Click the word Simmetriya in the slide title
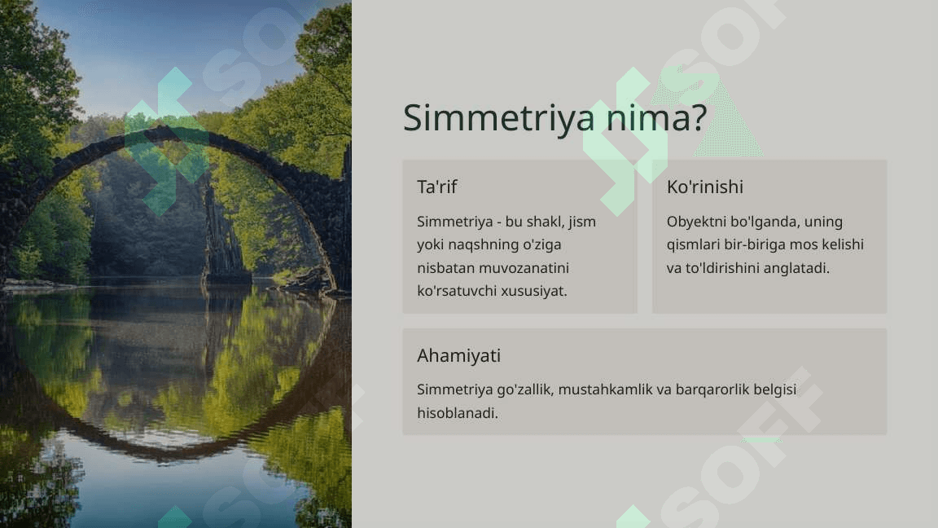[x=499, y=118]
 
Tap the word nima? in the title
[x=656, y=117]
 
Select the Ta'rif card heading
[x=436, y=187]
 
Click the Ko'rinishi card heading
[x=704, y=187]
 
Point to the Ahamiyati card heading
[x=459, y=355]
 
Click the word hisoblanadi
[x=458, y=413]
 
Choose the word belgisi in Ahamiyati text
[x=774, y=389]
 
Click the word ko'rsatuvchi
[x=457, y=291]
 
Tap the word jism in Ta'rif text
[x=582, y=222]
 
